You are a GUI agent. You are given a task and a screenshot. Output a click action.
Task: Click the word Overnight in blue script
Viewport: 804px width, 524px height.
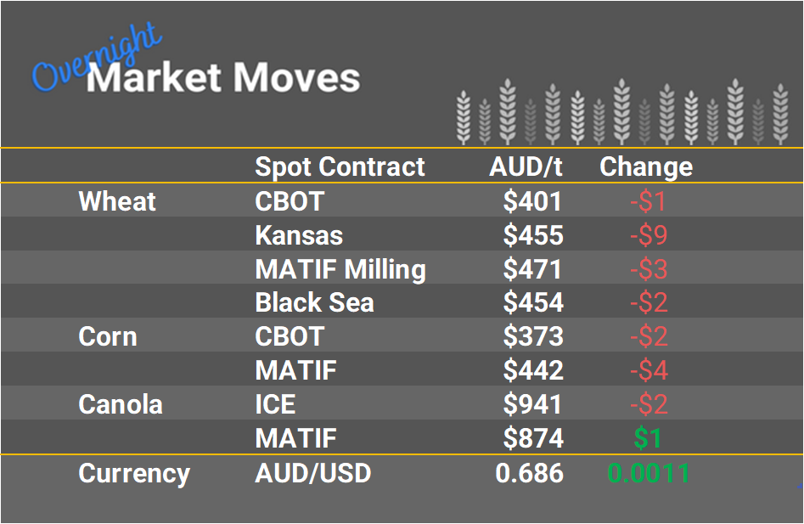(x=95, y=58)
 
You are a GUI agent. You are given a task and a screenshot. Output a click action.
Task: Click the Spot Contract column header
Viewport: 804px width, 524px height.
(x=340, y=166)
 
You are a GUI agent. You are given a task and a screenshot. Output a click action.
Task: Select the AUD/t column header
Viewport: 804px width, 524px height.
(x=526, y=166)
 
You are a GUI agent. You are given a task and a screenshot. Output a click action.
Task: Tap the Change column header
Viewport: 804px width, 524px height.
(x=646, y=166)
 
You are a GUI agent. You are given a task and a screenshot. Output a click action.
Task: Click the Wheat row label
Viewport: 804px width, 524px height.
(x=117, y=201)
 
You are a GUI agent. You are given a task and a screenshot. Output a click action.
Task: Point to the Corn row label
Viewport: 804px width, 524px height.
(x=108, y=336)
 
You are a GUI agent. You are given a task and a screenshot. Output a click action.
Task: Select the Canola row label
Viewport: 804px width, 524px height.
(x=121, y=404)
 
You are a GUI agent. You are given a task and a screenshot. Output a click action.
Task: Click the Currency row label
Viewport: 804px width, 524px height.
(x=134, y=472)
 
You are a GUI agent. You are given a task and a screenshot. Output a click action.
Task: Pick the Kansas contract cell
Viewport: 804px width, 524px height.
(x=299, y=235)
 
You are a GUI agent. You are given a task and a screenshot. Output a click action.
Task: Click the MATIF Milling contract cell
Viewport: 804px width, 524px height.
(x=340, y=269)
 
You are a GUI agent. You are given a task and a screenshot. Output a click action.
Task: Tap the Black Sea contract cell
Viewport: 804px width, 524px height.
(x=314, y=302)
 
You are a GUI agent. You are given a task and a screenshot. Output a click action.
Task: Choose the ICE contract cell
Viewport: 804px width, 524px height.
(x=275, y=404)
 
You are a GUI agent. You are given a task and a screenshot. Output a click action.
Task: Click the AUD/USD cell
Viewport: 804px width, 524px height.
(x=313, y=472)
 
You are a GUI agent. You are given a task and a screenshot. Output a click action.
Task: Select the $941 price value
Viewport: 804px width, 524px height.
(x=533, y=404)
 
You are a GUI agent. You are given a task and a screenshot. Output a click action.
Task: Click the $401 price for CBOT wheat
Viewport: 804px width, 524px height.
(x=533, y=201)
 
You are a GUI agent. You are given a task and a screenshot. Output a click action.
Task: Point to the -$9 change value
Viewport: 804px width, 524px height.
(x=649, y=235)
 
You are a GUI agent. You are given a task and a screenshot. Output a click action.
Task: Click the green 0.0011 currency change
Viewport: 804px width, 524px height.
(x=649, y=472)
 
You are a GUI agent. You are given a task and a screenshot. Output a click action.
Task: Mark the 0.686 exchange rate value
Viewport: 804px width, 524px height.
(x=530, y=472)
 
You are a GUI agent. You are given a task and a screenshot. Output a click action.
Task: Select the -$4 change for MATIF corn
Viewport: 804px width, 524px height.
(x=649, y=370)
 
